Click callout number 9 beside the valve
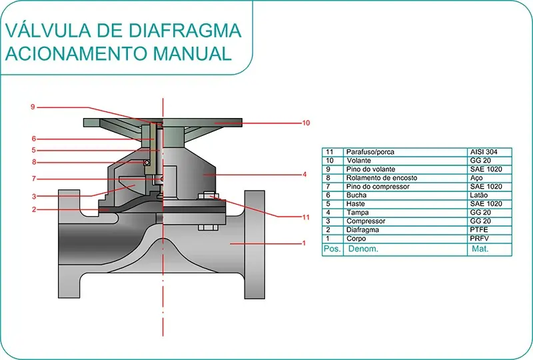32,107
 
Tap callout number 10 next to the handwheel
306,123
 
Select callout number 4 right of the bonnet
304,175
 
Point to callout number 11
306,217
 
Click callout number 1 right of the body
304,243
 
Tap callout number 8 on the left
33,162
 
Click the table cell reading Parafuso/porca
370,152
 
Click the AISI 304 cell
483,152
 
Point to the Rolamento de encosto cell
382,178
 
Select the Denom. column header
362,249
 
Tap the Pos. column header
332,249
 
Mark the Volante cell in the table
359,161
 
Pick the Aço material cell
477,178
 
